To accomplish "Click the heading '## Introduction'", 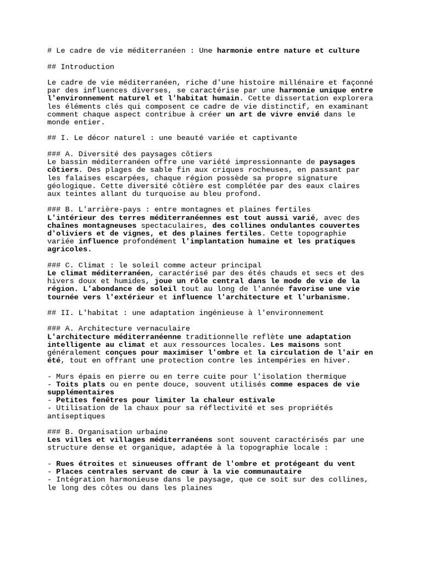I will pyautogui.click(x=81, y=66).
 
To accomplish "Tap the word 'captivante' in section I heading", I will pyautogui.click(x=275, y=138).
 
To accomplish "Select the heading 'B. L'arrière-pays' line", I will pyautogui.click(x=179, y=209).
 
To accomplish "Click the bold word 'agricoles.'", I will pyautogui.click(x=70, y=249).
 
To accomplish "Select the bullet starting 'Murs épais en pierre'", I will pyautogui.click(x=197, y=376).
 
